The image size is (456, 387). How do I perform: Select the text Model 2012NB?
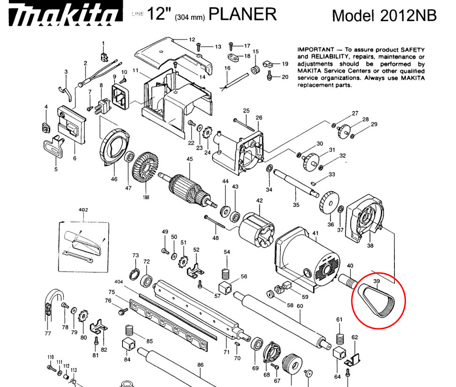[384, 15]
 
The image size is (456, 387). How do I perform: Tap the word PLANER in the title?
[242, 14]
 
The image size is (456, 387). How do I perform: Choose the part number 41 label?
[315, 233]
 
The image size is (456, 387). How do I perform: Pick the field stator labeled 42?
[255, 230]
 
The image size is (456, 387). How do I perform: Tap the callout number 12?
[192, 40]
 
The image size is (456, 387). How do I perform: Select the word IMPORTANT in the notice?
[314, 50]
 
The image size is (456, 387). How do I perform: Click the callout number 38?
[370, 245]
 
